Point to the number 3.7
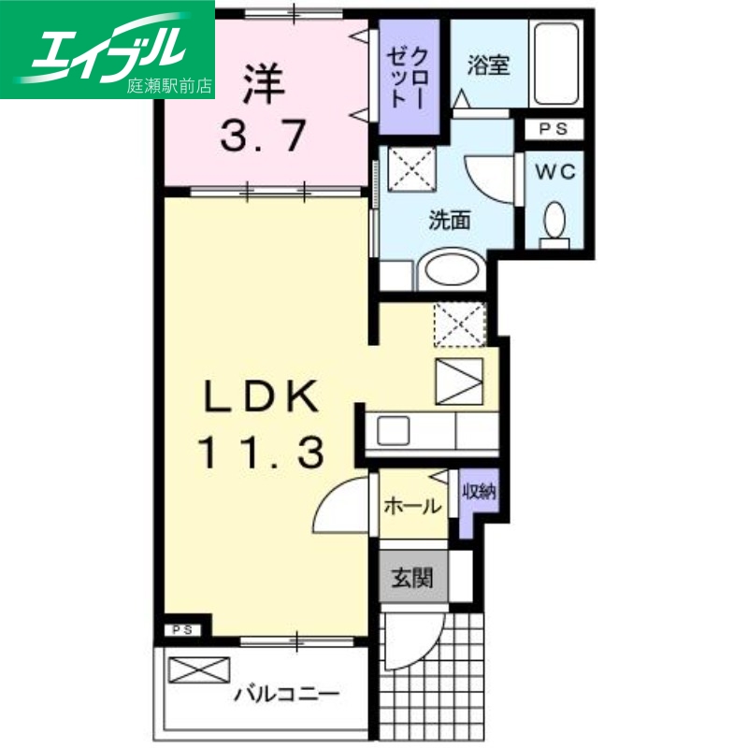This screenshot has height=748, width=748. pos(263,137)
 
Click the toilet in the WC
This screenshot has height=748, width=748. pos(554,223)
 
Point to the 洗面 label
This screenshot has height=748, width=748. pos(449,221)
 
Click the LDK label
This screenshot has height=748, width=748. pos(262,398)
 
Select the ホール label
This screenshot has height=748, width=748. pos(412,506)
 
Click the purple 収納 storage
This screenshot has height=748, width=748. pos(478,496)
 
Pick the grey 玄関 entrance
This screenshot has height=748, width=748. pos(412,578)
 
